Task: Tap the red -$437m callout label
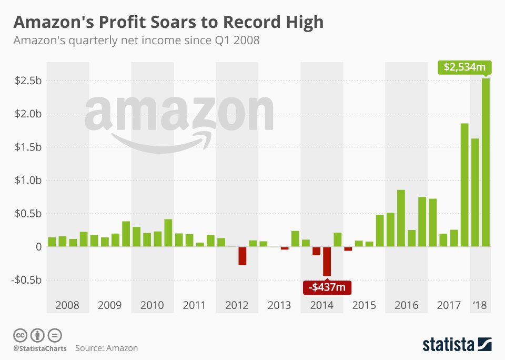(x=327, y=287)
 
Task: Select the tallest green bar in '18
(x=486, y=162)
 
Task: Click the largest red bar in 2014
(x=327, y=261)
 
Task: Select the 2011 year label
(x=194, y=305)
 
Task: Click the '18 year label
(x=480, y=305)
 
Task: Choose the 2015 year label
(x=363, y=305)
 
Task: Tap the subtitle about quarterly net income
(x=136, y=41)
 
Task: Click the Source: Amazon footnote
(x=106, y=348)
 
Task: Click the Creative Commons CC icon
(x=20, y=335)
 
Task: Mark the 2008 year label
(x=67, y=305)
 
